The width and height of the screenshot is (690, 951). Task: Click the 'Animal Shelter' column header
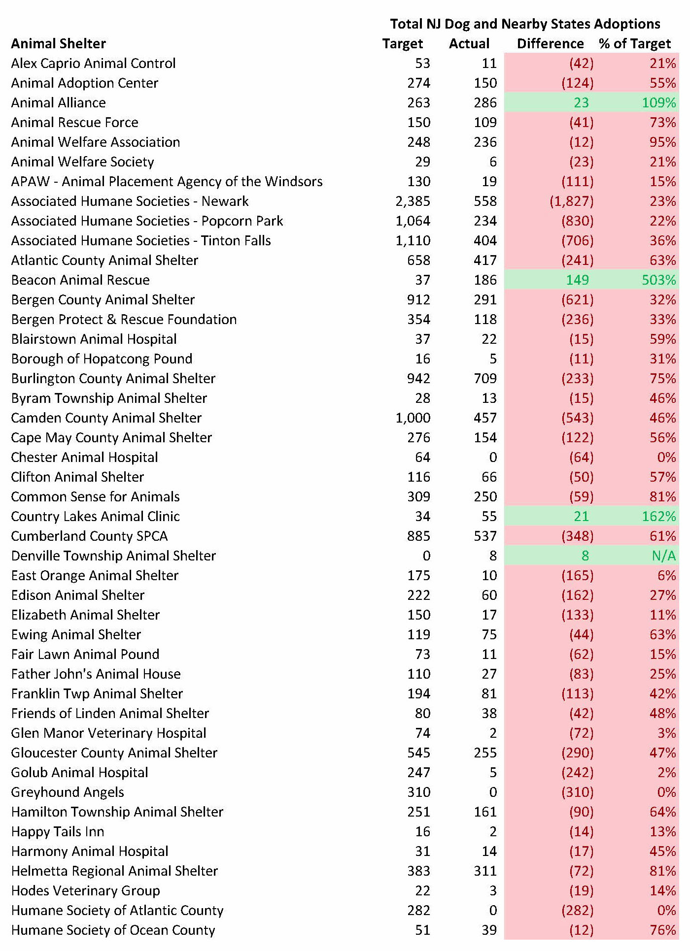click(x=58, y=44)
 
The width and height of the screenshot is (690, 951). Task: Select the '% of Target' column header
click(x=635, y=44)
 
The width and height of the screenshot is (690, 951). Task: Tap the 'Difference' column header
click(x=550, y=44)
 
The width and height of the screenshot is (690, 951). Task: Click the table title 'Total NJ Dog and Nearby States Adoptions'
click(x=525, y=24)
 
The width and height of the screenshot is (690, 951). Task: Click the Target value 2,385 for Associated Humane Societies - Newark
click(x=413, y=201)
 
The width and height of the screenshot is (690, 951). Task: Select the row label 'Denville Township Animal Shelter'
click(x=113, y=556)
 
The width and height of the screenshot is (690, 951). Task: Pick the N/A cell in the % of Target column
click(x=663, y=556)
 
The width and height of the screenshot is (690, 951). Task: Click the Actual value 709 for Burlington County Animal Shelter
click(x=485, y=379)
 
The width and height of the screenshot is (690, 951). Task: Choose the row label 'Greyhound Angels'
click(x=68, y=792)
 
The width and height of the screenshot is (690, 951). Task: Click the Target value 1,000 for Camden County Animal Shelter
click(x=413, y=418)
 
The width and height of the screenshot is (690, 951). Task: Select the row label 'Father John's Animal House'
click(x=96, y=674)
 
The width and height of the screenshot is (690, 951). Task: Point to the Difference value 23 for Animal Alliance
click(x=581, y=103)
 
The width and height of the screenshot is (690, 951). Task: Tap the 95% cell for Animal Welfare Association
click(x=662, y=142)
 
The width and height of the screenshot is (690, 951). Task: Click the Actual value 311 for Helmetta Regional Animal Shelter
click(x=485, y=871)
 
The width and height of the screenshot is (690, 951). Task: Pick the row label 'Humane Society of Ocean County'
click(x=113, y=930)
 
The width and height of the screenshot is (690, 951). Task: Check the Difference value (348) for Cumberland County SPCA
click(x=577, y=536)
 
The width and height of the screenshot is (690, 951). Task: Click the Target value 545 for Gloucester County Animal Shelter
click(x=418, y=753)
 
